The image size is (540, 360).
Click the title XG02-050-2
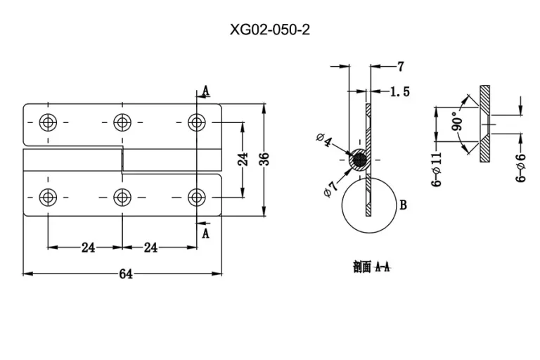pyautogui.click(x=270, y=30)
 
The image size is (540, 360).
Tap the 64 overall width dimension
pyautogui.click(x=126, y=274)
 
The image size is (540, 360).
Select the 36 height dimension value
pyautogui.click(x=264, y=159)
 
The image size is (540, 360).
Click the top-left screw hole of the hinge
pyautogui.click(x=48, y=122)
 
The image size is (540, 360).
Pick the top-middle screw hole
pyautogui.click(x=122, y=122)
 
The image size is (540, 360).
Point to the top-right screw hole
pyautogui.click(x=197, y=122)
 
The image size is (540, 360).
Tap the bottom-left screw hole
pyautogui.click(x=48, y=198)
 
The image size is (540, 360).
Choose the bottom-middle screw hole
pyautogui.click(x=122, y=198)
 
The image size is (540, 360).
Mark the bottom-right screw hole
pyautogui.click(x=197, y=198)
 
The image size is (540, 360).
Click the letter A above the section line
pyautogui.click(x=206, y=91)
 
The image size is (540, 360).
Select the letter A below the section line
pyautogui.click(x=205, y=233)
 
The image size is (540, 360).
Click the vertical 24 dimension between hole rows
pyautogui.click(x=243, y=159)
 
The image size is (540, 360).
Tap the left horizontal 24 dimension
pyautogui.click(x=88, y=247)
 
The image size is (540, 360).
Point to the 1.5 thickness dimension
pyautogui.click(x=400, y=91)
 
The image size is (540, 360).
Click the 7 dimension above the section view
pyautogui.click(x=400, y=67)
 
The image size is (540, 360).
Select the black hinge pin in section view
pyautogui.click(x=360, y=160)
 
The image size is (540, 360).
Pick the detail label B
pyautogui.click(x=404, y=205)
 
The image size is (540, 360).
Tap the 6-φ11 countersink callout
pyautogui.click(x=437, y=169)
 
